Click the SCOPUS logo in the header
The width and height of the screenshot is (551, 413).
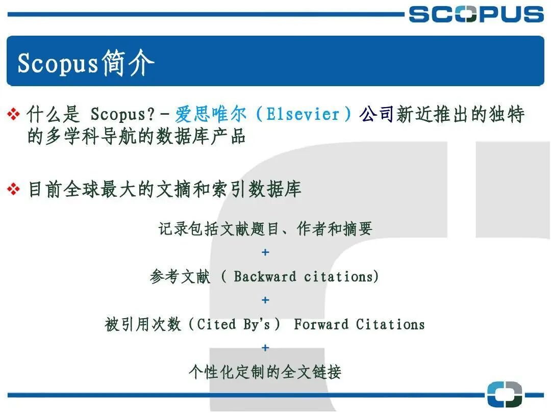(x=476, y=14)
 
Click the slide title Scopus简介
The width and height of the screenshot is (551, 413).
(x=86, y=63)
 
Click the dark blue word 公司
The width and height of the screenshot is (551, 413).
(x=378, y=114)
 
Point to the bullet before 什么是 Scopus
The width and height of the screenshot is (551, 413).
(x=13, y=115)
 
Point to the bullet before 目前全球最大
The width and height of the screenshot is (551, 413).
(x=13, y=190)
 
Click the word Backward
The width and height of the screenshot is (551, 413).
(x=265, y=277)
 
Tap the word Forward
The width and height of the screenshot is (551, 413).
(x=321, y=324)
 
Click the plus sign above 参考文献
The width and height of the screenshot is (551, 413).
(x=265, y=252)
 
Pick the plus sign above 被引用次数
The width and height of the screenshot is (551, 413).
(x=265, y=300)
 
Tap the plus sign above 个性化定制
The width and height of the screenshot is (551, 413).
(x=265, y=348)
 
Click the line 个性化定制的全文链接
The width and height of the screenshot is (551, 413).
(x=265, y=372)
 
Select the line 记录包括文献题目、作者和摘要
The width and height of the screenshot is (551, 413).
(x=265, y=229)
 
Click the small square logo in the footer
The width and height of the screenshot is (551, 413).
(x=504, y=395)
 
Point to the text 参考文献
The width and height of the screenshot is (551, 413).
(x=180, y=277)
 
